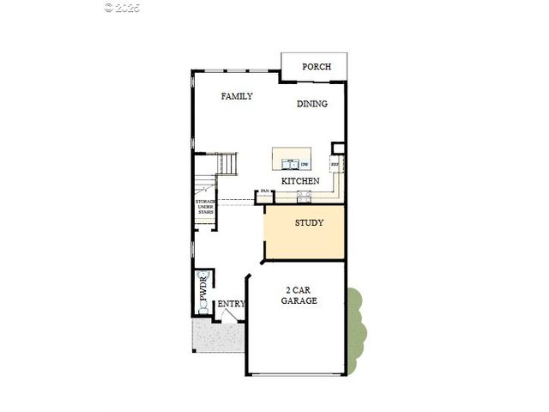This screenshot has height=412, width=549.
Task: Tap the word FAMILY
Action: point(237,96)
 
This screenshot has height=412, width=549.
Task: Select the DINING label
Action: point(312,104)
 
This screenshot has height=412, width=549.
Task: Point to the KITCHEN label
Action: point(300,181)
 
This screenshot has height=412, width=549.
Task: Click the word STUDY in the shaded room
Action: point(309,223)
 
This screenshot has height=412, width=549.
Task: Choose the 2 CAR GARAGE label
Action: point(300,296)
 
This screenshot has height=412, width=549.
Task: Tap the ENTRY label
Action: point(231,304)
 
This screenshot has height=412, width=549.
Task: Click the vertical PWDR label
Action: point(203,289)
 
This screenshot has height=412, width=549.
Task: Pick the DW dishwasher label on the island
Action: point(304,163)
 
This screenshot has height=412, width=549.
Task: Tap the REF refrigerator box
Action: point(335,163)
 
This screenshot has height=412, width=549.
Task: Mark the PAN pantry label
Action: point(265,191)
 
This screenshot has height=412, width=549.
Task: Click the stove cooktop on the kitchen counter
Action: point(305,196)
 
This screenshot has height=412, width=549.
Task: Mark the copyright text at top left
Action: point(122,7)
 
